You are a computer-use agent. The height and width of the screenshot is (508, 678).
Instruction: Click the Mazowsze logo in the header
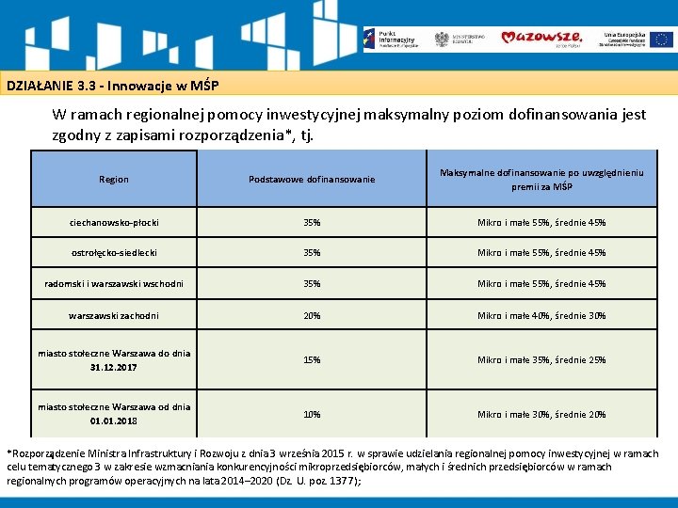(541, 38)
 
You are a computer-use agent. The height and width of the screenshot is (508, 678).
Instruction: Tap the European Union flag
(661, 39)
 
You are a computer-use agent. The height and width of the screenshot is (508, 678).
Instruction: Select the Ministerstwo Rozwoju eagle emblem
(442, 39)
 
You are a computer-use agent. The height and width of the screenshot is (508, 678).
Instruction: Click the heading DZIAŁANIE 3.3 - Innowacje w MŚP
(113, 86)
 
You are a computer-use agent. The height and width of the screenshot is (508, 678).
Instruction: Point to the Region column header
(114, 179)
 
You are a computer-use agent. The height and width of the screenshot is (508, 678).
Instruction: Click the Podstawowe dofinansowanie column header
(312, 179)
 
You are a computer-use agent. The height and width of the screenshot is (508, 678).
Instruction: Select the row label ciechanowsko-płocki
(114, 223)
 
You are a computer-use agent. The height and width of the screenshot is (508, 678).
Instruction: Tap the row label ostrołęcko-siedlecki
(114, 252)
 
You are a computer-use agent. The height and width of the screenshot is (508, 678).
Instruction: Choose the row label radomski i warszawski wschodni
(114, 283)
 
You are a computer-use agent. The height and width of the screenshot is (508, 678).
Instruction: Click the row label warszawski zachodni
(114, 315)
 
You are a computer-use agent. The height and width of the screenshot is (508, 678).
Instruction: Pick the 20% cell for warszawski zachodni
(312, 315)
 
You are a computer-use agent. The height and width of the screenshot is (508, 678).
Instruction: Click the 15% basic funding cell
(312, 359)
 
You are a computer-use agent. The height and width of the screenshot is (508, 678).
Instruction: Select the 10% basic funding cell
(312, 414)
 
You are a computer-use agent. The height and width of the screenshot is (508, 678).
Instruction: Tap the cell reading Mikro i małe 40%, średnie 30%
(541, 315)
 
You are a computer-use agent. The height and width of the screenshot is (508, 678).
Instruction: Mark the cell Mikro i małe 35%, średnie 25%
(541, 359)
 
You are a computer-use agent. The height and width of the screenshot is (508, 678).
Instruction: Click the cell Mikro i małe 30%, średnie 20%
(541, 414)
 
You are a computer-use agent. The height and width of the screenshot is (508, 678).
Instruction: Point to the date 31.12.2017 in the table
(114, 367)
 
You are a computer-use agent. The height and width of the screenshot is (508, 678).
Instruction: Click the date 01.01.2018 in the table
(114, 421)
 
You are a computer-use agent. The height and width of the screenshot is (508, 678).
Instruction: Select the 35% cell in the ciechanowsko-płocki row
(312, 223)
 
